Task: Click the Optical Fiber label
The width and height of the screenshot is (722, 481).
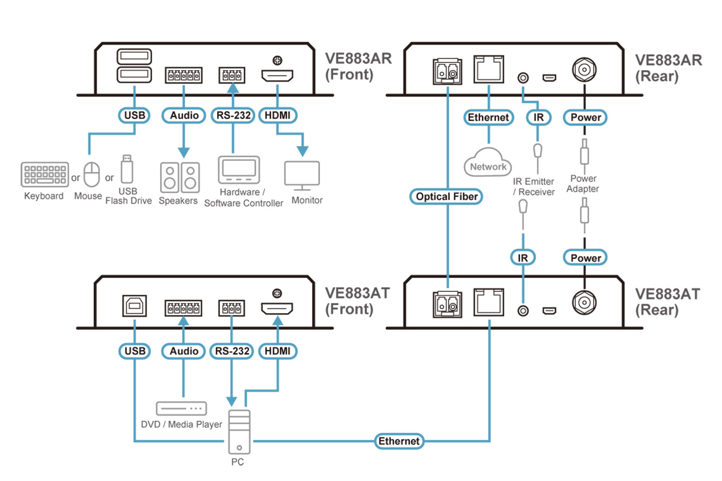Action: click(446, 196)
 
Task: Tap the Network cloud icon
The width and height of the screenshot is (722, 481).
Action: click(488, 163)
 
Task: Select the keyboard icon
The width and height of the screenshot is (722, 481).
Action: click(45, 174)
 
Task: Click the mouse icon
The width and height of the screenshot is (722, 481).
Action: click(92, 175)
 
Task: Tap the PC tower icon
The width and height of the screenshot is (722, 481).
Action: click(239, 432)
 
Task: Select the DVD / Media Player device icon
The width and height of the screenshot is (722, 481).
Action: click(182, 408)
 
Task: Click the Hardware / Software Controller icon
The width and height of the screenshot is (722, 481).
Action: click(239, 170)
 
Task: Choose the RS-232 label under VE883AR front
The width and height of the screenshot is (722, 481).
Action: click(233, 115)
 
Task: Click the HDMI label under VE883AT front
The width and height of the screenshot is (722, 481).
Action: click(277, 351)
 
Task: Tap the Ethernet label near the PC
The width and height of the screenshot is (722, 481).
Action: click(399, 441)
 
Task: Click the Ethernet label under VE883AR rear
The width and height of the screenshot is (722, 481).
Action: click(488, 118)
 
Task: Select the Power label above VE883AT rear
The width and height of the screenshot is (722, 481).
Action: click(585, 258)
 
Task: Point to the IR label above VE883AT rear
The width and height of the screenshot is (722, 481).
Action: click(523, 258)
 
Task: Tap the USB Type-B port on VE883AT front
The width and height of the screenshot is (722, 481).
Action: click(135, 306)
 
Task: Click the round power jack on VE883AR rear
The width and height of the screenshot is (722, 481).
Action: click(584, 70)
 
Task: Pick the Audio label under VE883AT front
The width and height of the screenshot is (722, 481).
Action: click(184, 351)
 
